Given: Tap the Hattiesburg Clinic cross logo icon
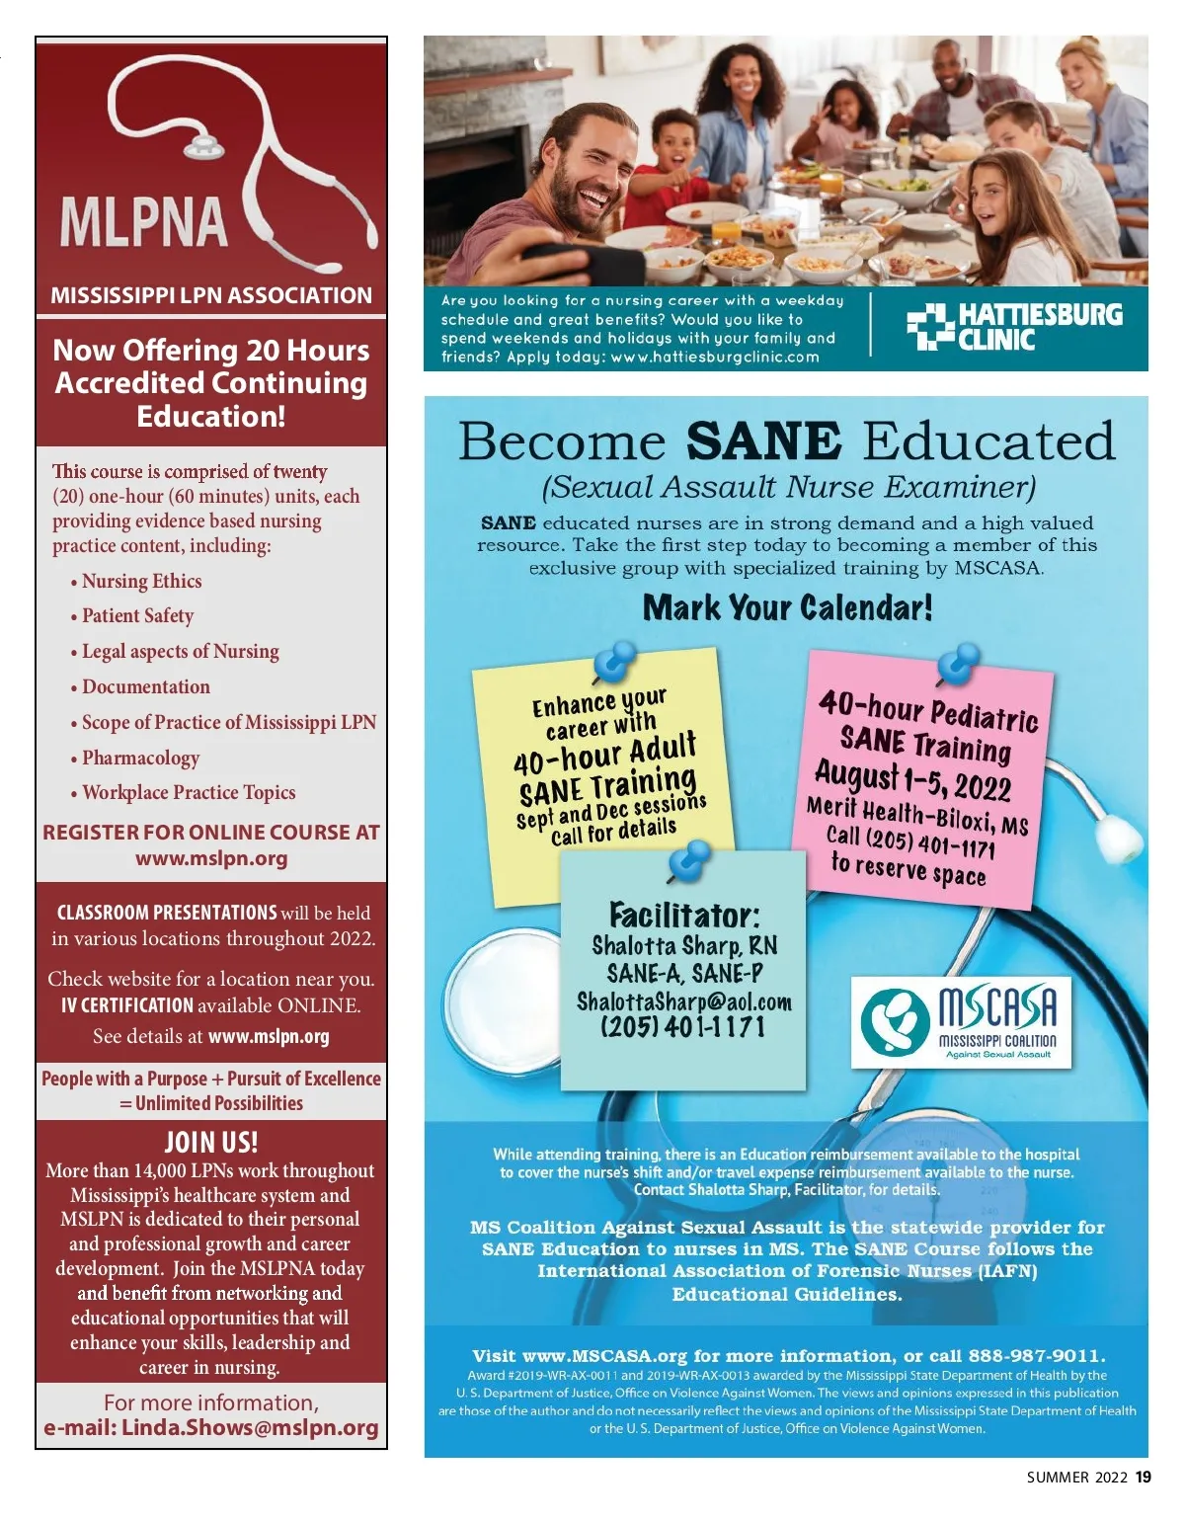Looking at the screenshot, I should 928,328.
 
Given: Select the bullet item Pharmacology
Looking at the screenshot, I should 140,758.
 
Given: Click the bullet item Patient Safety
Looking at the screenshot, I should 137,615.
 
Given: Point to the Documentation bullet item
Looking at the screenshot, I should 145,686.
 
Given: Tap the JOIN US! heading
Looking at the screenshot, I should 211,1143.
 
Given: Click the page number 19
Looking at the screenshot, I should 1143,1478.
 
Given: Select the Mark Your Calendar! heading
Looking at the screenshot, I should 787,607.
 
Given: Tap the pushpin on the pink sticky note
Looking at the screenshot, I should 957,664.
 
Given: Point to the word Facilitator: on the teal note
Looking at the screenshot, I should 684,914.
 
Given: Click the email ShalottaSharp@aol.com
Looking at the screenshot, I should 684,1001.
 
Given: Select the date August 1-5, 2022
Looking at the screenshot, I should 912,780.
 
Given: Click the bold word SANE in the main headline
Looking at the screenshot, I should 763,440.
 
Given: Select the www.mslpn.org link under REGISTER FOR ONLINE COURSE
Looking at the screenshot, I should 211,858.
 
